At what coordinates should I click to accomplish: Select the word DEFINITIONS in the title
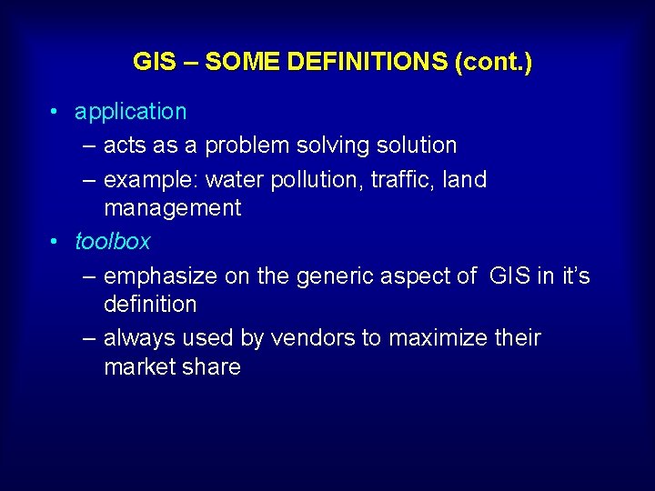[368, 63]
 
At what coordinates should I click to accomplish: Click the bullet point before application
[55, 112]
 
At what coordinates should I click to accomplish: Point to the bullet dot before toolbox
[55, 242]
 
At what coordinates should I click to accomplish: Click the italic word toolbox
[112, 242]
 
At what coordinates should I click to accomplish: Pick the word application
[130, 112]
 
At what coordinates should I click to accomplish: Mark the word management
[172, 208]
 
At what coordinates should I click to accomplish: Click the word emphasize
[160, 276]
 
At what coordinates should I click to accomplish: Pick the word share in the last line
[212, 367]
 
